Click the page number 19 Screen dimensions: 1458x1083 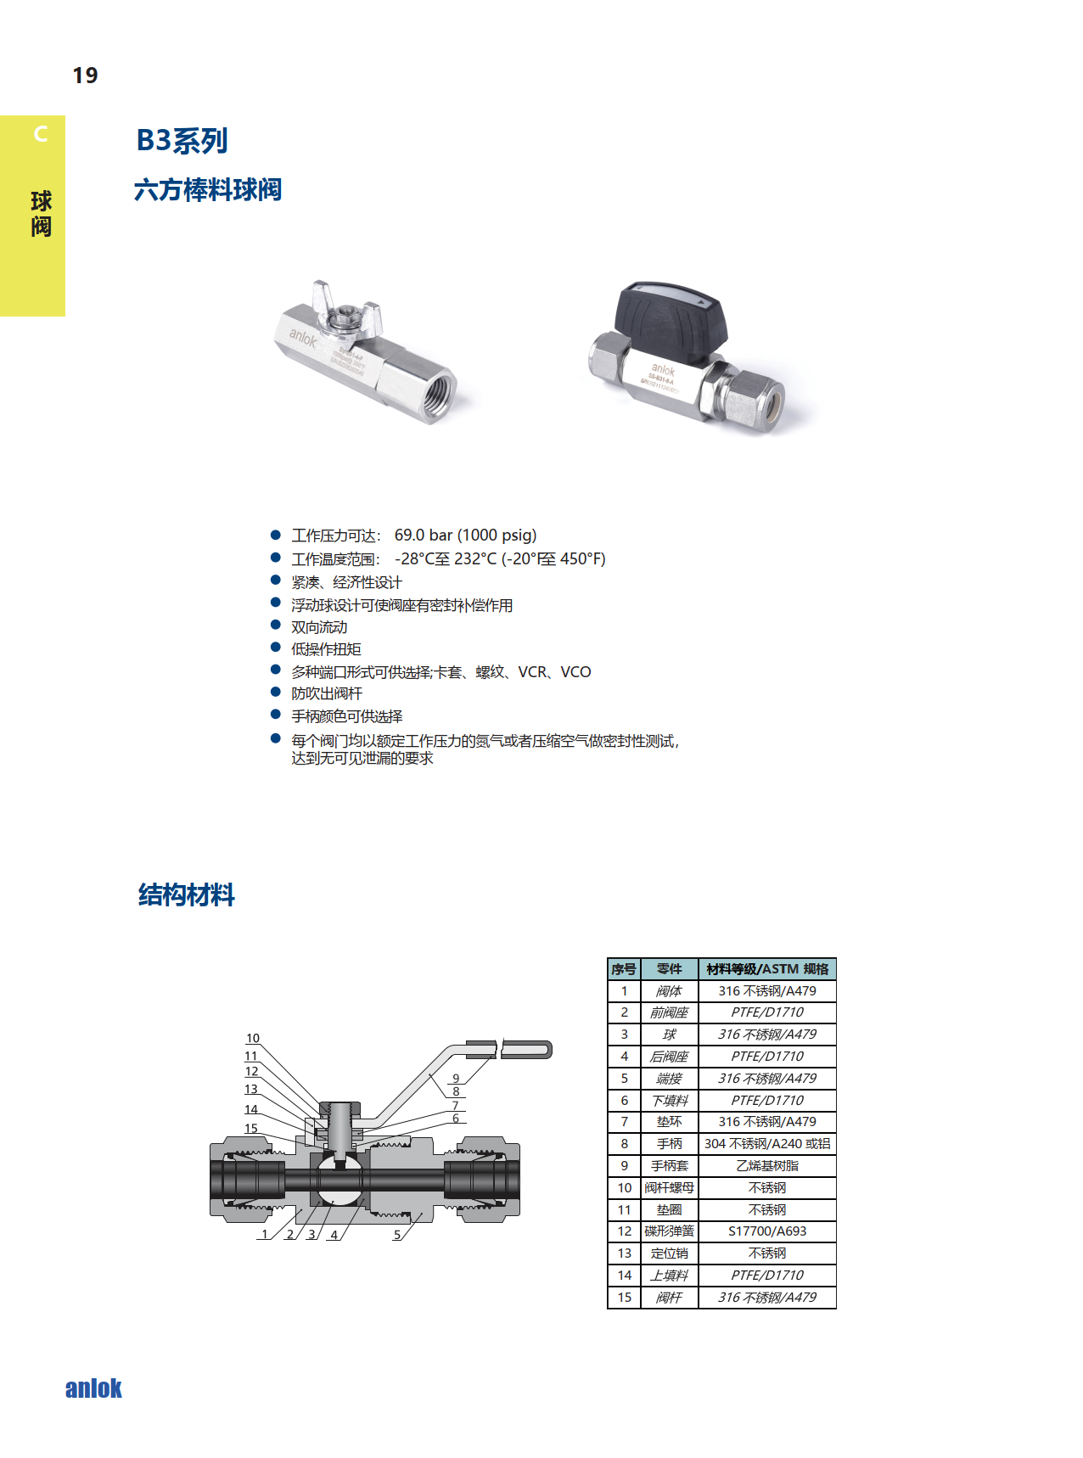(85, 76)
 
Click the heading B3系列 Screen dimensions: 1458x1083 (182, 140)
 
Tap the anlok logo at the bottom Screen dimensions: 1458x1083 (93, 1388)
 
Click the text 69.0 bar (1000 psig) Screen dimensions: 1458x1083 (465, 536)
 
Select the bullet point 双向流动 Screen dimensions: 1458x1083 (319, 627)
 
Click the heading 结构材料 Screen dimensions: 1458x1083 (187, 894)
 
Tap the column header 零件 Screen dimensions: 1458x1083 (669, 969)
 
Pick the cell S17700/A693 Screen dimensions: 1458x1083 (766, 1231)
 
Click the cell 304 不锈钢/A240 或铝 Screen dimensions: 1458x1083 (766, 1144)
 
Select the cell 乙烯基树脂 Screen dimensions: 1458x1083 (766, 1166)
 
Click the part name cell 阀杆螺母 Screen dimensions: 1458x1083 (669, 1188)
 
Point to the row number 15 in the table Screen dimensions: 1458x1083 (624, 1298)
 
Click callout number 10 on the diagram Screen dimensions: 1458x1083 (253, 1039)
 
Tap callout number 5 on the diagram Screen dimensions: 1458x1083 (396, 1235)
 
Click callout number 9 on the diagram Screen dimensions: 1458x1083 (456, 1079)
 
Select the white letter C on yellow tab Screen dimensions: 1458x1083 (40, 134)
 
